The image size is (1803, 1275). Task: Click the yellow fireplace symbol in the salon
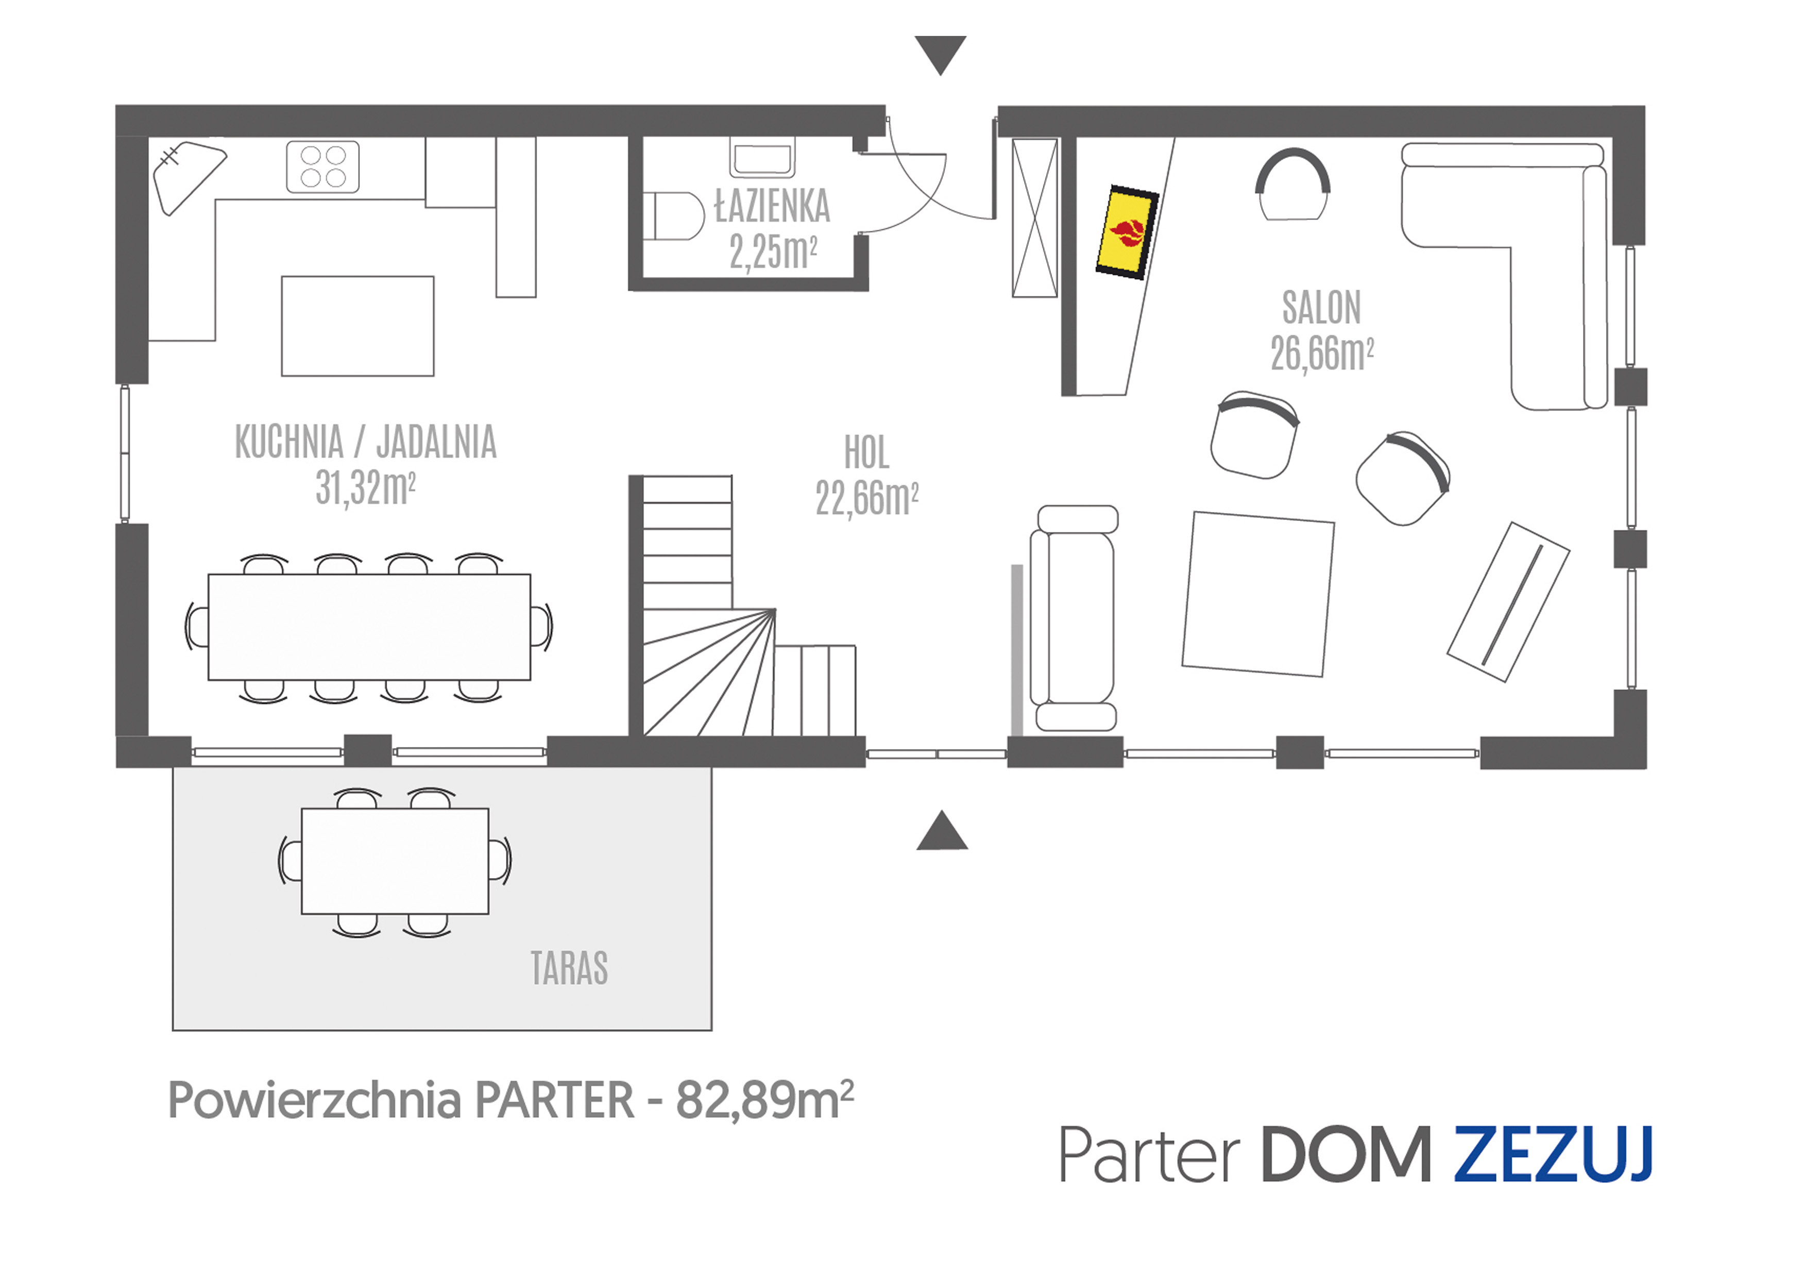[1128, 232]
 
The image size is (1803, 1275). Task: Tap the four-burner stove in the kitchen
[323, 166]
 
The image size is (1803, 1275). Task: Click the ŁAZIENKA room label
[772, 207]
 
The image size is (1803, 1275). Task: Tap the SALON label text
[1322, 307]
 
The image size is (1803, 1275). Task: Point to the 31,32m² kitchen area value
[365, 488]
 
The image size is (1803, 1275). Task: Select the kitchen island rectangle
[358, 326]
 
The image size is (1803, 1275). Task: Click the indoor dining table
[369, 627]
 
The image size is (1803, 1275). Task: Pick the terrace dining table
[395, 861]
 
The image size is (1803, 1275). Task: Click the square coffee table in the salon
[1257, 594]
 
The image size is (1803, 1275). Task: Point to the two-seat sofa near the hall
[1074, 618]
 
